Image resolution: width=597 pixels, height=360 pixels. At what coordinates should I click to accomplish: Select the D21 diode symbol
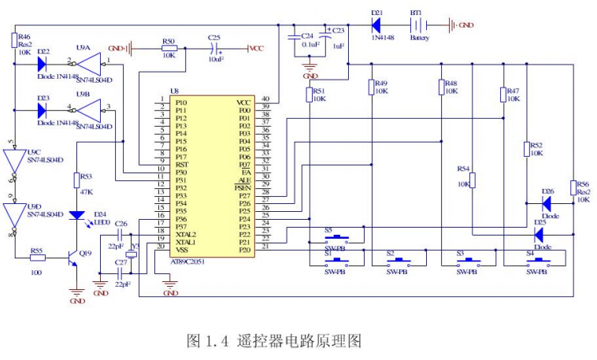coord(376,25)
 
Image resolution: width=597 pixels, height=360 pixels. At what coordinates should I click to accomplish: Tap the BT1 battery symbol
coord(416,25)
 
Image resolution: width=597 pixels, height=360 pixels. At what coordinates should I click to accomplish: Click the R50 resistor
coord(169,49)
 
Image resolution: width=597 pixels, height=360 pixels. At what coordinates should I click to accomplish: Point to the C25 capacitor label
coord(214,37)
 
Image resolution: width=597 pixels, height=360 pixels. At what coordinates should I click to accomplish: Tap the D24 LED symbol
coord(77,214)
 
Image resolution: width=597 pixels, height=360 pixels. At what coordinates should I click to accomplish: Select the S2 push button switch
coord(399,259)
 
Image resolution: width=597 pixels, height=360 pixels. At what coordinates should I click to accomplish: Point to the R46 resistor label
coord(24,37)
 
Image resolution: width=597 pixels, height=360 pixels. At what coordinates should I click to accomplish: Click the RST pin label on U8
coord(181,165)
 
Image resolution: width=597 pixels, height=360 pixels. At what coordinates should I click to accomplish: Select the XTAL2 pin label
coord(186,234)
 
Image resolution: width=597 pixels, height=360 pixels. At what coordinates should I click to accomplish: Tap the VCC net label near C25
coord(256,49)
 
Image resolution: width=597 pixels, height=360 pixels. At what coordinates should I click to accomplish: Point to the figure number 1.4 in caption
coord(216,341)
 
